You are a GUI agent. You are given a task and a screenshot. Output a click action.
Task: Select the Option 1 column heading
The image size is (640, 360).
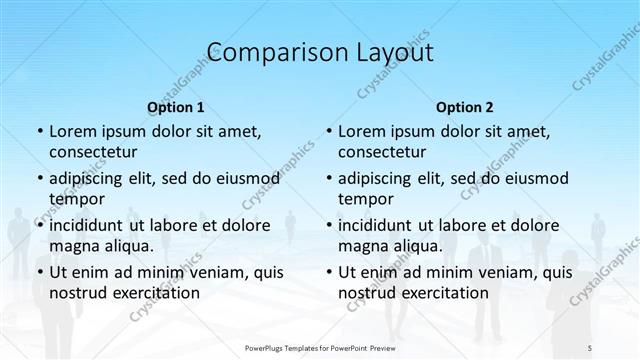click(x=176, y=107)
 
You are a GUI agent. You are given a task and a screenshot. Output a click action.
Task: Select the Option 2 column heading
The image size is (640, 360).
click(x=465, y=107)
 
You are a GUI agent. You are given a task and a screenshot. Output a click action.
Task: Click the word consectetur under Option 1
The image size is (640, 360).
click(x=93, y=152)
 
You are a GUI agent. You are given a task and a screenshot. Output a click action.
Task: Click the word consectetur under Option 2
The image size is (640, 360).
click(x=382, y=152)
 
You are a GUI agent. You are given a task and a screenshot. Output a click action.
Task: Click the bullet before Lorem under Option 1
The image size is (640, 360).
click(x=39, y=132)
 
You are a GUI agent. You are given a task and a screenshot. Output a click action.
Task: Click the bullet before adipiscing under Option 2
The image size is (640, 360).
click(x=328, y=179)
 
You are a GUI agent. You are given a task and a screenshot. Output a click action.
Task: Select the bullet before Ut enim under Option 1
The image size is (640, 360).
click(x=39, y=272)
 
